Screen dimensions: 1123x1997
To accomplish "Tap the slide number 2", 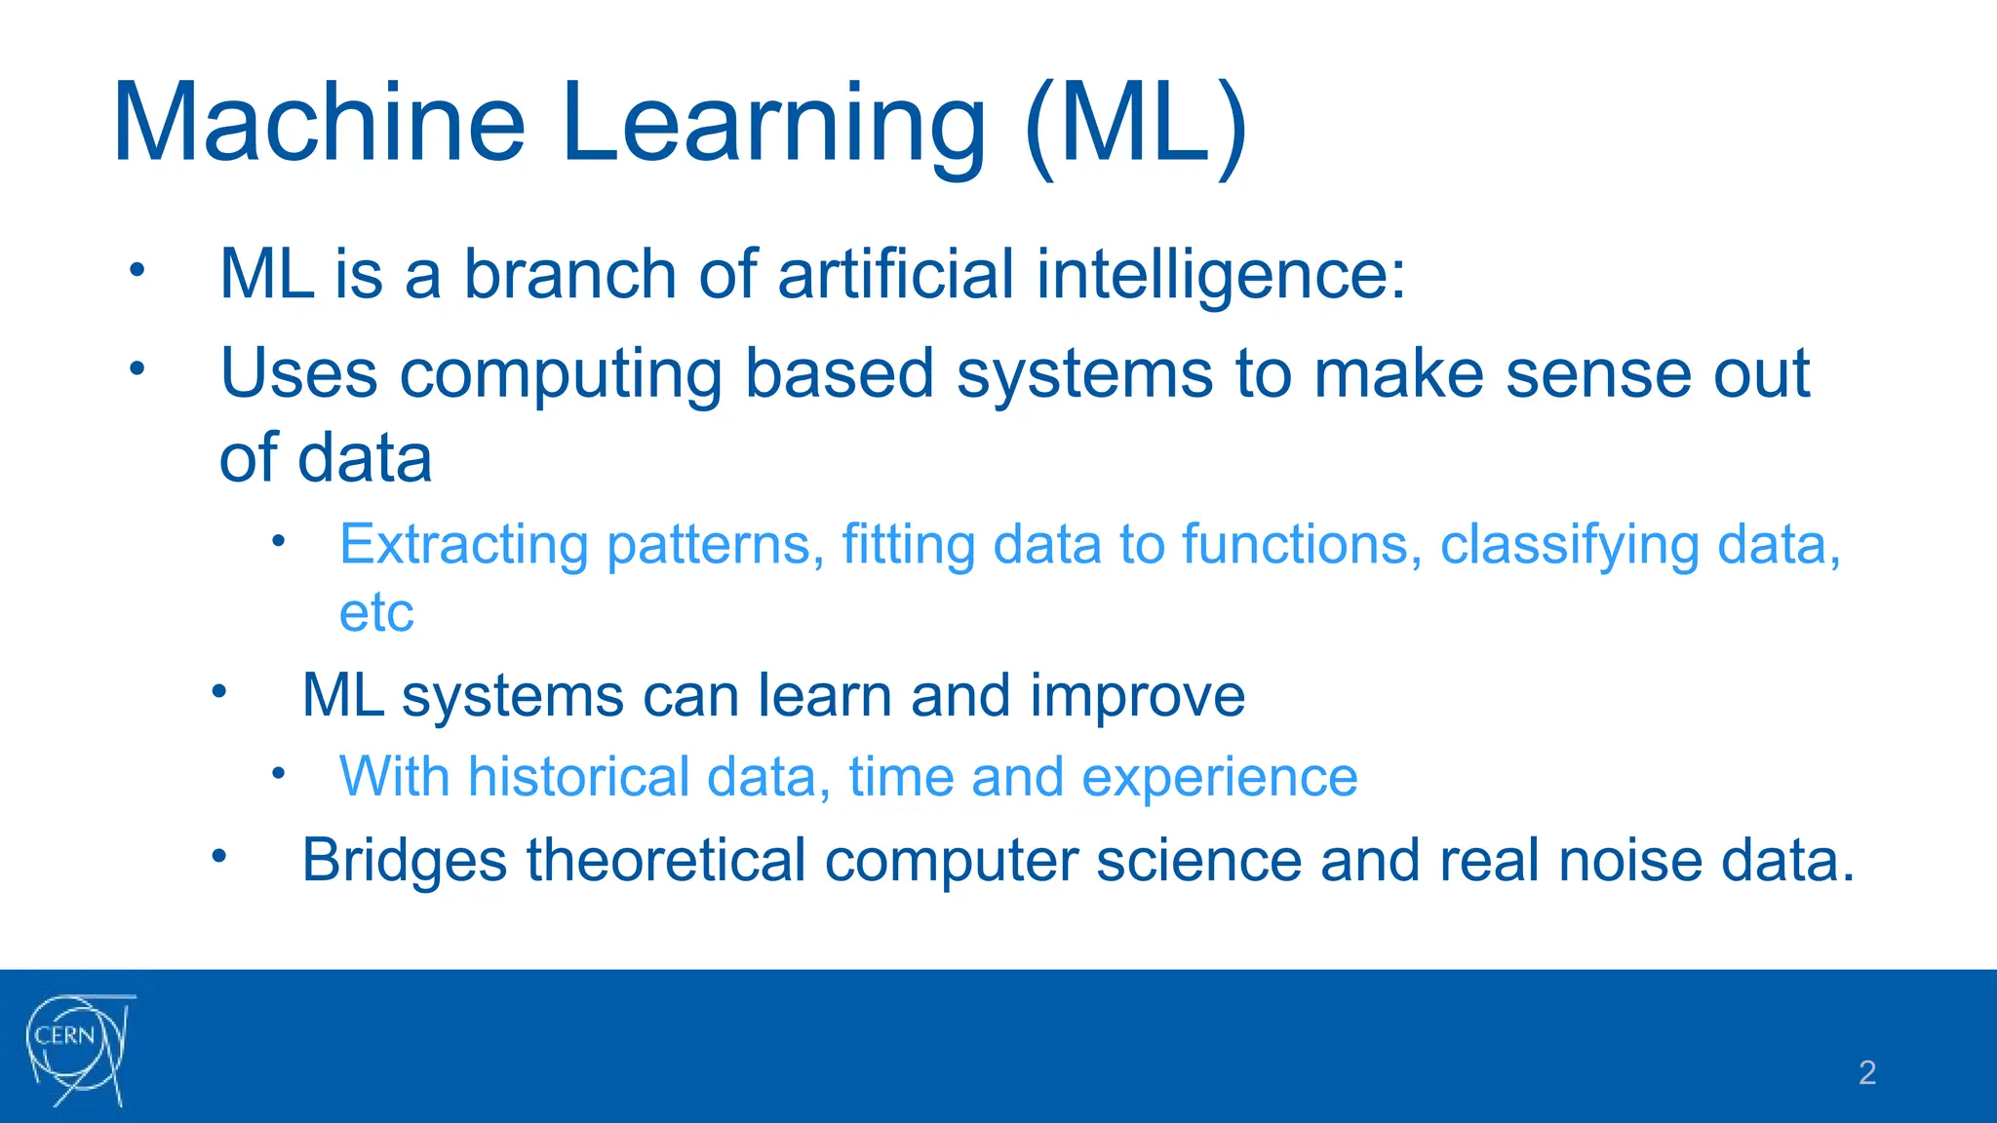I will [x=1866, y=1072].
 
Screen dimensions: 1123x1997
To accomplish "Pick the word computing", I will [x=561, y=375].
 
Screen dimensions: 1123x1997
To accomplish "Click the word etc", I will [x=376, y=613].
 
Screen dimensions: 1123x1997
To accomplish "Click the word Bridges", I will [x=404, y=861].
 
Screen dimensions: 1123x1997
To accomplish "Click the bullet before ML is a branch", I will [x=137, y=269].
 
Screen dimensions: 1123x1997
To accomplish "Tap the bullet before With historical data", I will [x=278, y=773].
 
